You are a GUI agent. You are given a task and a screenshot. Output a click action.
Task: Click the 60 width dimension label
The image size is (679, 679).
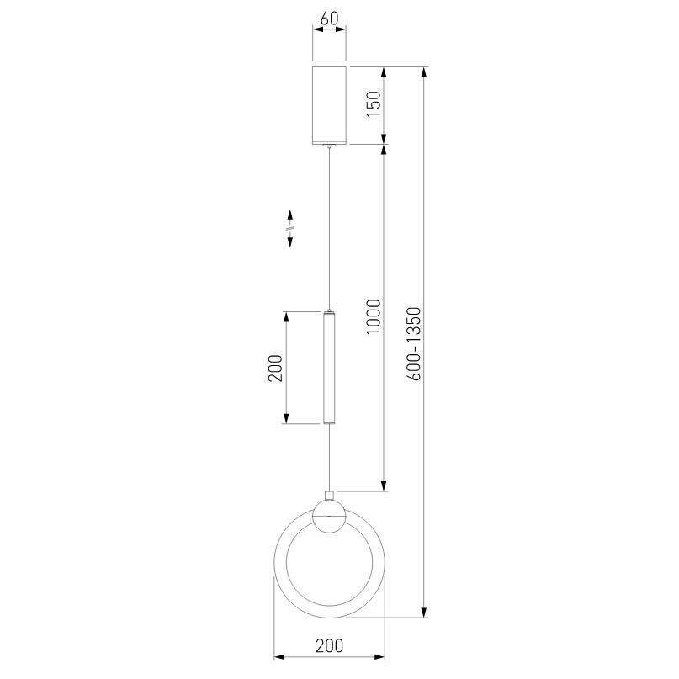329,19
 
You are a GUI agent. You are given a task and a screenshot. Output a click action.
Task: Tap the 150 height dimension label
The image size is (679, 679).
374,103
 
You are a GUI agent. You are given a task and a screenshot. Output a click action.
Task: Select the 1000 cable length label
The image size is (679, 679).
374,316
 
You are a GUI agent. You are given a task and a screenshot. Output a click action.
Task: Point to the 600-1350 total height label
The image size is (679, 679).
414,343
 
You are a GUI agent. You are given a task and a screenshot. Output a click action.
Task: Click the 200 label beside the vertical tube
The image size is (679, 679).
275,368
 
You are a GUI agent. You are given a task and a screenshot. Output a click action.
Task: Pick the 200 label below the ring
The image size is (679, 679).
329,645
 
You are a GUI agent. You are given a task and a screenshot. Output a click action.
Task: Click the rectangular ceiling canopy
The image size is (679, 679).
329,105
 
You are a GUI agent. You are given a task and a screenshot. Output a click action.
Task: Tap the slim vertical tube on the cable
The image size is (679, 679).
329,367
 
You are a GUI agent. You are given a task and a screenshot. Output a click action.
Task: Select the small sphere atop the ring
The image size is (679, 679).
329,516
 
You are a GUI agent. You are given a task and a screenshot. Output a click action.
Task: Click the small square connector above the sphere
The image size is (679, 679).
329,496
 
